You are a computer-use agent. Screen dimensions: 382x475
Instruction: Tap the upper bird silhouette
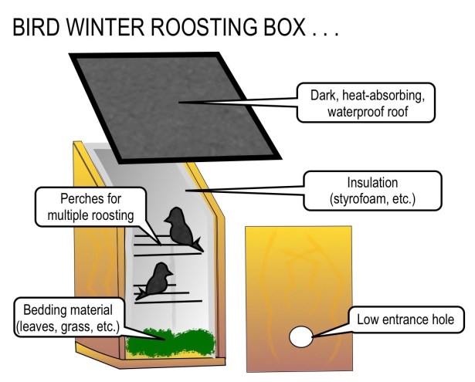click(x=180, y=228)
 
